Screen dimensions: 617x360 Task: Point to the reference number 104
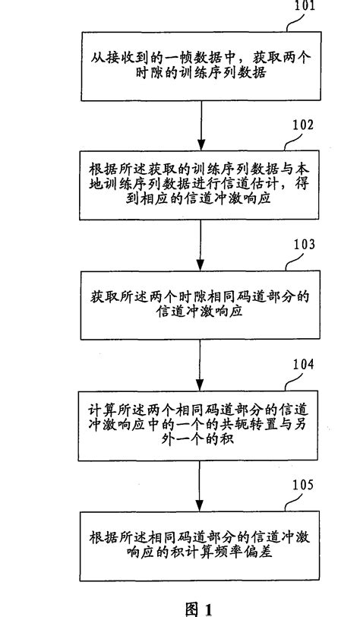point(303,364)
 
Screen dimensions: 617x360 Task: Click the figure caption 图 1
point(199,609)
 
